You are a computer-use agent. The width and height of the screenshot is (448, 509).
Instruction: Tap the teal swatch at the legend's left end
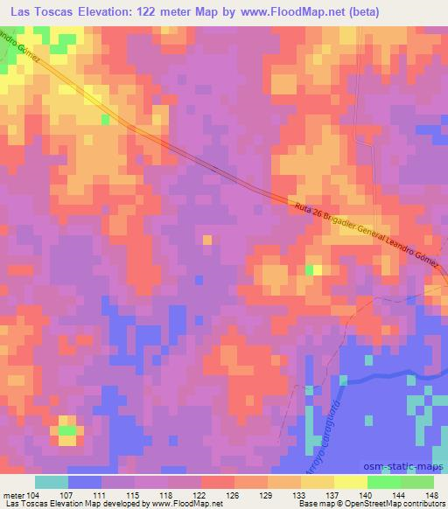52,481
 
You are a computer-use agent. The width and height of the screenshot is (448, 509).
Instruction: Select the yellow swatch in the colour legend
350,481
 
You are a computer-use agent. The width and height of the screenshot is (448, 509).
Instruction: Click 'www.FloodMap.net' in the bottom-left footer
185,504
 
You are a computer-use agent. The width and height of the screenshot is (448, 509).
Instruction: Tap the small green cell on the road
105,119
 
